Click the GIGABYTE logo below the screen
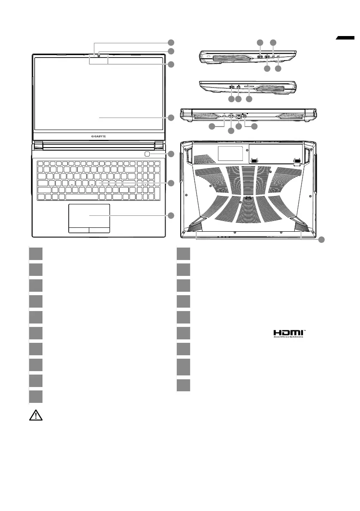point(99,136)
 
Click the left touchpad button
point(79,230)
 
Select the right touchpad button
point(100,230)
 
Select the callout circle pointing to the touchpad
point(171,215)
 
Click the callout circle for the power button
point(171,154)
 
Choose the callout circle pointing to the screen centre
point(171,117)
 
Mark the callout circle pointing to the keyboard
point(171,183)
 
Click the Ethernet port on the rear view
point(238,115)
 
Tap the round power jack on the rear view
point(245,115)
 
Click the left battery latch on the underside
point(254,160)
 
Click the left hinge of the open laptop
point(37,145)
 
